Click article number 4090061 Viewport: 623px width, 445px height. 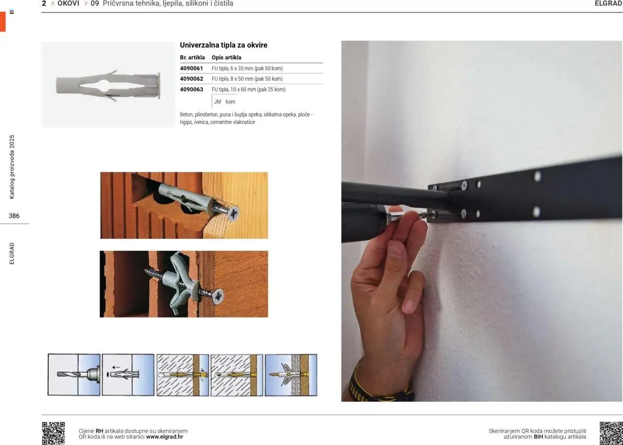(x=191, y=69)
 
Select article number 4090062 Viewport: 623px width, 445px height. (x=191, y=79)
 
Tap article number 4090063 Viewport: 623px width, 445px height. (x=191, y=89)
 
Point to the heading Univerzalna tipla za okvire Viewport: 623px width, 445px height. (x=223, y=45)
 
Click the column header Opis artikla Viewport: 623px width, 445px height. (x=226, y=57)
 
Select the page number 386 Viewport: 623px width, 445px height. (x=14, y=216)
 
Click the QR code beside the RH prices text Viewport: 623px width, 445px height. (x=54, y=433)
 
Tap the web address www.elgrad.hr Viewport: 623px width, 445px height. (x=165, y=437)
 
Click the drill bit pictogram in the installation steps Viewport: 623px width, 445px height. (x=74, y=374)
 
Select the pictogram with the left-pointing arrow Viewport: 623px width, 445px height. (x=128, y=374)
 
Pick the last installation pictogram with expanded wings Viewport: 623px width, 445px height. (x=291, y=374)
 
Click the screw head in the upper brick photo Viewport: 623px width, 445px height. (x=233, y=214)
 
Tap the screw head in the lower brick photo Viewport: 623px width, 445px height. (x=218, y=296)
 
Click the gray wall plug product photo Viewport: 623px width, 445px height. (x=108, y=85)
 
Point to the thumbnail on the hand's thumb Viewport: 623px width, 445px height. (x=395, y=249)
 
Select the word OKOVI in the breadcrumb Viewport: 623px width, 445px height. (x=69, y=3)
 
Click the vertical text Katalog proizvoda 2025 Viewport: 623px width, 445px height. (x=12, y=167)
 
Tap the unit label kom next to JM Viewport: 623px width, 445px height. (x=230, y=102)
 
